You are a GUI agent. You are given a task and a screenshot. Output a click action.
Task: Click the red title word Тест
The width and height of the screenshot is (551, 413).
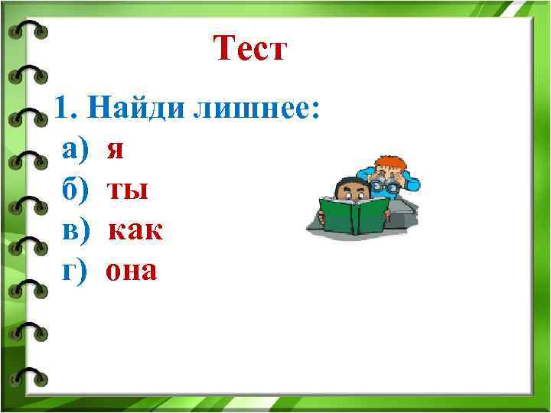pyautogui.click(x=250, y=50)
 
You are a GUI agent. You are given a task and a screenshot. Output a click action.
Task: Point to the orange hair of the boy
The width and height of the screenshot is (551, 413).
pyautogui.click(x=391, y=162)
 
